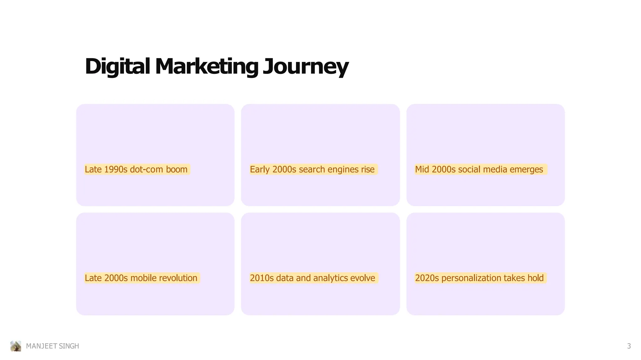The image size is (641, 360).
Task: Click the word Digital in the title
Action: point(117,66)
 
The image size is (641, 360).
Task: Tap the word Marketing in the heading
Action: point(207,66)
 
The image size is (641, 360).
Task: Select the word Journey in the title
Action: point(305,66)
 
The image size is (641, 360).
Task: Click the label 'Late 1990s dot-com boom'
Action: point(136,169)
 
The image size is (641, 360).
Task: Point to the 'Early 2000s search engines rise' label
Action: point(312,169)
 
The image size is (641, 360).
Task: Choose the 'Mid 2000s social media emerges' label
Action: point(479,169)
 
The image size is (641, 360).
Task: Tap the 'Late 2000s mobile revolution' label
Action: point(141,278)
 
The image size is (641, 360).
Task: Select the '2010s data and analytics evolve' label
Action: point(312,278)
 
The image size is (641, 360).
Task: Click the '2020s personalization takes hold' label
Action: point(479,278)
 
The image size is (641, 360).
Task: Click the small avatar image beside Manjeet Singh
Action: point(16,346)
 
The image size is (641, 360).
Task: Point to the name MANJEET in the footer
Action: point(41,346)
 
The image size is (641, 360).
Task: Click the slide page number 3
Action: point(629,346)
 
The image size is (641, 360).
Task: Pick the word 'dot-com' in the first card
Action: point(146,169)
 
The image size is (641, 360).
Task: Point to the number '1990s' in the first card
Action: point(115,169)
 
